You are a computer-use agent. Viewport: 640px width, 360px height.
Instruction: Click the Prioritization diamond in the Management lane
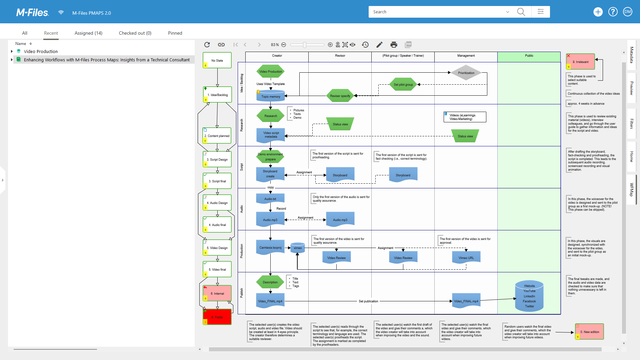pyautogui.click(x=466, y=73)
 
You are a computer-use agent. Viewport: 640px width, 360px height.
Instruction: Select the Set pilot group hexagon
pyautogui.click(x=403, y=85)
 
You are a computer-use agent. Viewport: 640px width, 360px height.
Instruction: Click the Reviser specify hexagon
pyautogui.click(x=340, y=96)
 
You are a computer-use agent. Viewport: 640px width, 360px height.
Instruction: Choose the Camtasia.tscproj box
pyautogui.click(x=270, y=248)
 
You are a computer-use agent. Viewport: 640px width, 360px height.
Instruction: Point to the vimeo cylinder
pyautogui.click(x=298, y=248)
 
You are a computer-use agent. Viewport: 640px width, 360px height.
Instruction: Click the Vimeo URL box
pyautogui.click(x=466, y=258)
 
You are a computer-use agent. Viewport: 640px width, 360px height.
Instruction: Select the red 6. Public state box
pyautogui.click(x=217, y=317)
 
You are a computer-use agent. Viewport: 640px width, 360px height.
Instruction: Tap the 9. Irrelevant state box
pyautogui.click(x=580, y=62)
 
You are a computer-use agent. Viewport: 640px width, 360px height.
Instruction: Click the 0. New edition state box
pyautogui.click(x=589, y=332)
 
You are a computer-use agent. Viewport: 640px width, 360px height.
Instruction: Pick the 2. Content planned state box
pyautogui.click(x=217, y=136)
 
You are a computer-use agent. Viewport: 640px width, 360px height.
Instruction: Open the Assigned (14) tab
pyautogui.click(x=88, y=33)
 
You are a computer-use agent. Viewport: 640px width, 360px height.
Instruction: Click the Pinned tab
pyautogui.click(x=175, y=33)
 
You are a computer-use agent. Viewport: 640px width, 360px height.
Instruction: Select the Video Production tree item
pyautogui.click(x=41, y=51)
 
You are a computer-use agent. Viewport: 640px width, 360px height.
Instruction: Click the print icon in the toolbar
pyautogui.click(x=394, y=45)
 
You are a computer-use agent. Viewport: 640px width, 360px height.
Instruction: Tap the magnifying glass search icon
pyautogui.click(x=521, y=12)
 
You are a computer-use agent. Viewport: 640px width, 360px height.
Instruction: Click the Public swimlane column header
pyautogui.click(x=529, y=56)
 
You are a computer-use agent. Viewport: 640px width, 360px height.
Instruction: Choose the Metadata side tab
pyautogui.click(x=631, y=55)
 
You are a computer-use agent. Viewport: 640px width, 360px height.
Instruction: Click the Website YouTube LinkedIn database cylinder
pyautogui.click(x=529, y=296)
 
